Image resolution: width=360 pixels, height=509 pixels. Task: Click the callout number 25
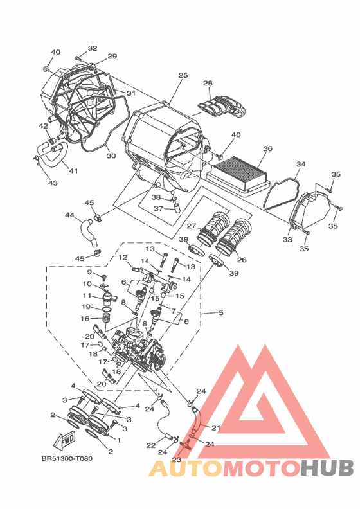pos(183,75)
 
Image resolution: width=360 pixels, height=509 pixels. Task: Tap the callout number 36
pos(267,148)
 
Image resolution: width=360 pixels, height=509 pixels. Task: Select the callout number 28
pos(208,84)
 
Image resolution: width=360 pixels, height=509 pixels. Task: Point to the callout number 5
pos(221,312)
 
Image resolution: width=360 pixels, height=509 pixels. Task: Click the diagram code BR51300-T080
pos(67,458)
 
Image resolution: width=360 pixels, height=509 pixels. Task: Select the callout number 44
pos(69,215)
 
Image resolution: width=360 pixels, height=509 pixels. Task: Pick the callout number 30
pos(111,156)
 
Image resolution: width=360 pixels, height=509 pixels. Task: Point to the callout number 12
pos(123,258)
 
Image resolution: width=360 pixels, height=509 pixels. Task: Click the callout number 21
pos(216,428)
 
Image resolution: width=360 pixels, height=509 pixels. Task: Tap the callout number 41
pos(73,170)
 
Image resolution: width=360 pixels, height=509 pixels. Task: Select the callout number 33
pos(287,240)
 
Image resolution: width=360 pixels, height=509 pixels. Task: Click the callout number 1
pos(119,440)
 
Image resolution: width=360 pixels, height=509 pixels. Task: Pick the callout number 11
pos(87,296)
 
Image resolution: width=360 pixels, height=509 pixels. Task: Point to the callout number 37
pos(158,208)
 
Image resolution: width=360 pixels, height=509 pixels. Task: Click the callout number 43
pos(53,183)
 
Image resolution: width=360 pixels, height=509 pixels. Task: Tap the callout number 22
pos(151,445)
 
